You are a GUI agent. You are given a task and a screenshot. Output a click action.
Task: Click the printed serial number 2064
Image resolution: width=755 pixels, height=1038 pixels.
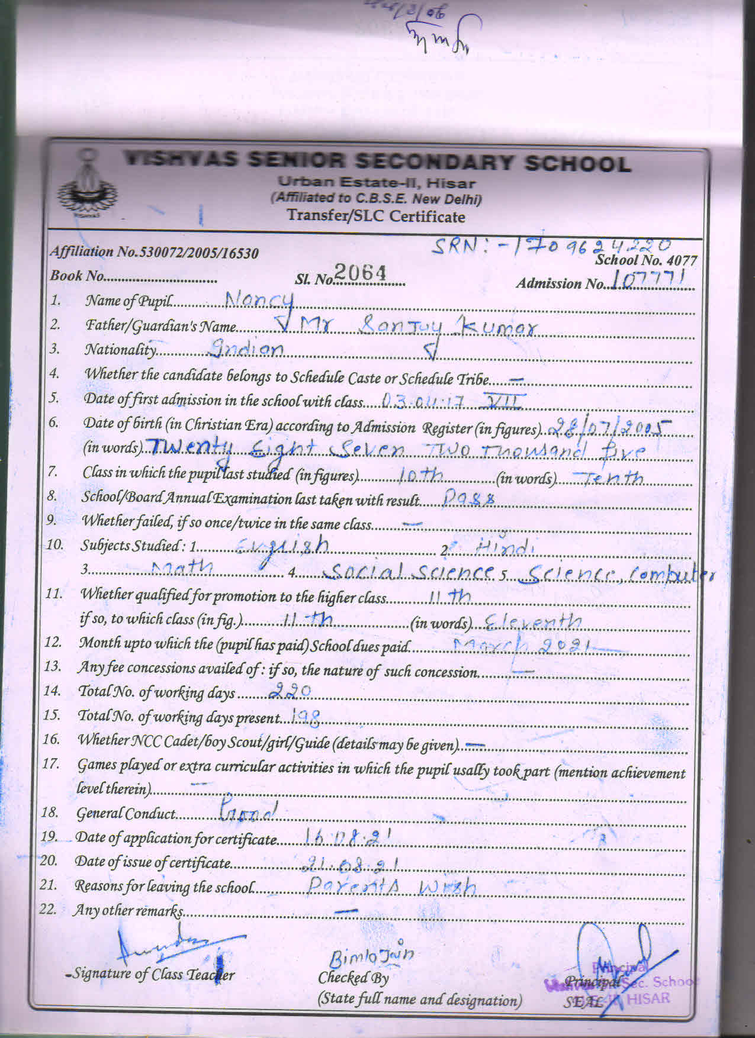[360, 273]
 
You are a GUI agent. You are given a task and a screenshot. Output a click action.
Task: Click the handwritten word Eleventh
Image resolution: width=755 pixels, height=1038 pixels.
[533, 621]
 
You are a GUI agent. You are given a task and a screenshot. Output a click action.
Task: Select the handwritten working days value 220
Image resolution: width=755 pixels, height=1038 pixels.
[290, 691]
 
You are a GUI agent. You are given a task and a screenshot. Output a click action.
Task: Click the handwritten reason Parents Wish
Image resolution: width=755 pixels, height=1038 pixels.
[392, 886]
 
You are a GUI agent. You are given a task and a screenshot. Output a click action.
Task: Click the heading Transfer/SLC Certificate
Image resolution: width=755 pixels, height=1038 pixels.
[376, 216]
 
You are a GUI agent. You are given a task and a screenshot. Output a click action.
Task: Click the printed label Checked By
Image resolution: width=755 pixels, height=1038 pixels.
[353, 977]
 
